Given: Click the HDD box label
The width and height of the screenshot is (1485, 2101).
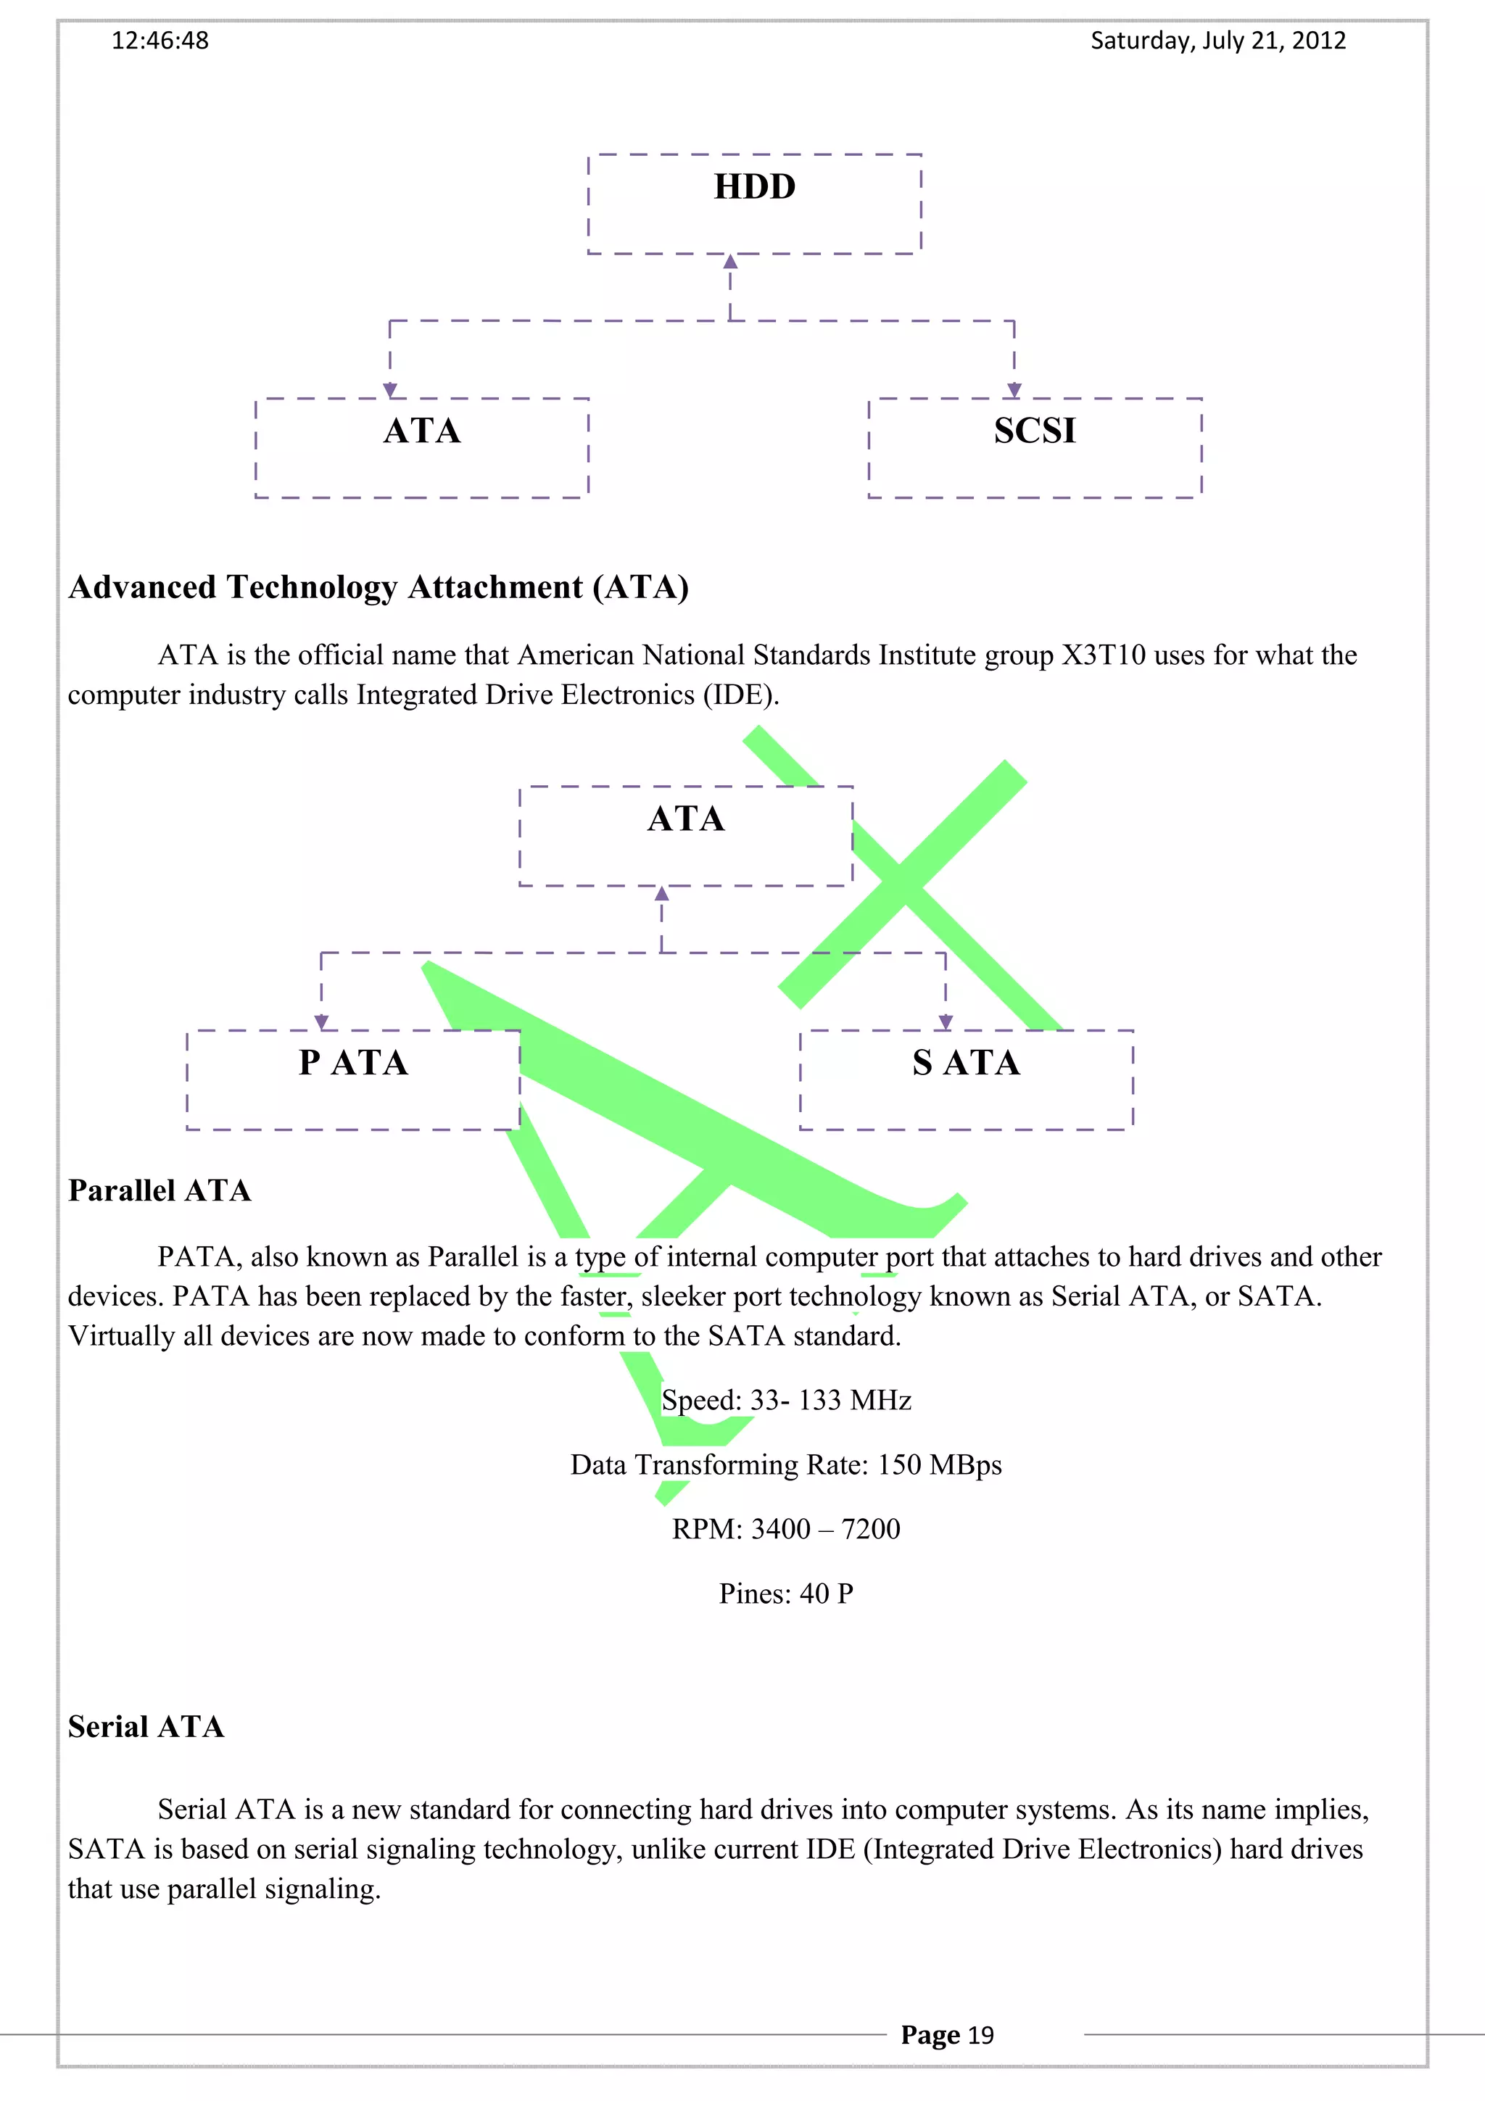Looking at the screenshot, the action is pos(755,186).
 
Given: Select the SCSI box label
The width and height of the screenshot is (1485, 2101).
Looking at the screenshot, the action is pos(1035,431).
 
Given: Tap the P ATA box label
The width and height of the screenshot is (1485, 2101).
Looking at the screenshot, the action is pos(353,1062).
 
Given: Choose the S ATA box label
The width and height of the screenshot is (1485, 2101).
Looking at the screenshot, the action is pos(967,1062).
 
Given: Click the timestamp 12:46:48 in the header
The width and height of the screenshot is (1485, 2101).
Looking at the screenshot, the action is pos(160,41).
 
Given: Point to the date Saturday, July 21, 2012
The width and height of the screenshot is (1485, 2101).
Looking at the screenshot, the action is pos(1218,41).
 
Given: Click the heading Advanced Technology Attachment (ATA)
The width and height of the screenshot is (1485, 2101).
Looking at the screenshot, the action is pos(379,587).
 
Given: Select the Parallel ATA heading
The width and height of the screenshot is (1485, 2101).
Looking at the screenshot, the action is pos(160,1190).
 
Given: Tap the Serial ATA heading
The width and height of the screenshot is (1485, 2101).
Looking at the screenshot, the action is pos(146,1727).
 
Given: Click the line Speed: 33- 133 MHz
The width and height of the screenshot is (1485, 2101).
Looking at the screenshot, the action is pos(786,1400).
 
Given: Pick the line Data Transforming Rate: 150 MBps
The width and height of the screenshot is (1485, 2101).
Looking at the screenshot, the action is pos(786,1465).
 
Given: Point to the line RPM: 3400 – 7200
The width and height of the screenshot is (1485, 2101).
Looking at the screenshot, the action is pos(786,1529).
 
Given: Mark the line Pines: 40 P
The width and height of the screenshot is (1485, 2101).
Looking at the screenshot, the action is pos(786,1594).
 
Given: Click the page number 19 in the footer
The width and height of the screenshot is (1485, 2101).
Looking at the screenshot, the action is pos(981,2035).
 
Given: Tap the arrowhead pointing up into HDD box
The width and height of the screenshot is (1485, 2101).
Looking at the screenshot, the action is pos(730,262).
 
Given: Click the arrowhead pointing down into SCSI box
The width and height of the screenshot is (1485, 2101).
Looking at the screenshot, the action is pos(1014,391).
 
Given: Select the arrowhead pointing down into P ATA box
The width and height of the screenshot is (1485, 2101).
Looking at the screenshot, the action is pos(321,1022).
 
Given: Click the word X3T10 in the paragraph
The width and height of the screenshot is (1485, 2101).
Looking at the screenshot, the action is pos(1104,655).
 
